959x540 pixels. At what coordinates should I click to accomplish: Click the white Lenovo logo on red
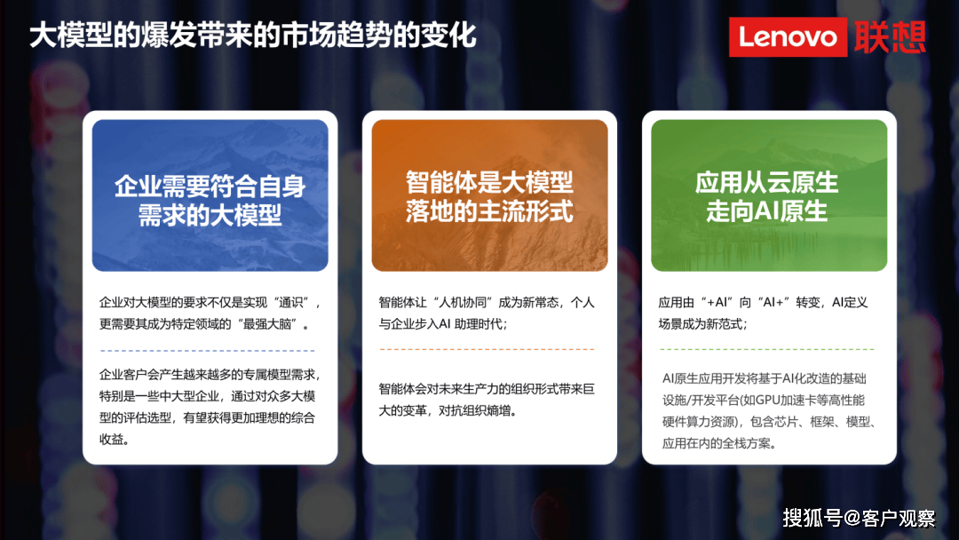[x=788, y=37]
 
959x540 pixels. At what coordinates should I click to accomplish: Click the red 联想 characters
[x=890, y=37]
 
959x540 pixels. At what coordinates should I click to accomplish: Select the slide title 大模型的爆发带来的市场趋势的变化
[x=252, y=35]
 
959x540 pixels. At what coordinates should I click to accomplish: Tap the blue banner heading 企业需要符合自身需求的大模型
[x=210, y=201]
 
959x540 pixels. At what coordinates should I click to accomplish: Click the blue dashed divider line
[x=207, y=351]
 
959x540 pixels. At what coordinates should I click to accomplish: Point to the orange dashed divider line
[x=487, y=349]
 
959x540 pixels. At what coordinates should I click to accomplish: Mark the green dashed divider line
[x=767, y=349]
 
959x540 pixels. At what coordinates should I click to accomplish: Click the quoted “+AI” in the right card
[x=717, y=303]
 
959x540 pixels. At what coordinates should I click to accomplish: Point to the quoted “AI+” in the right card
[x=773, y=303]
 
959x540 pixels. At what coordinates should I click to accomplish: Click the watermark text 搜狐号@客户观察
[x=859, y=518]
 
